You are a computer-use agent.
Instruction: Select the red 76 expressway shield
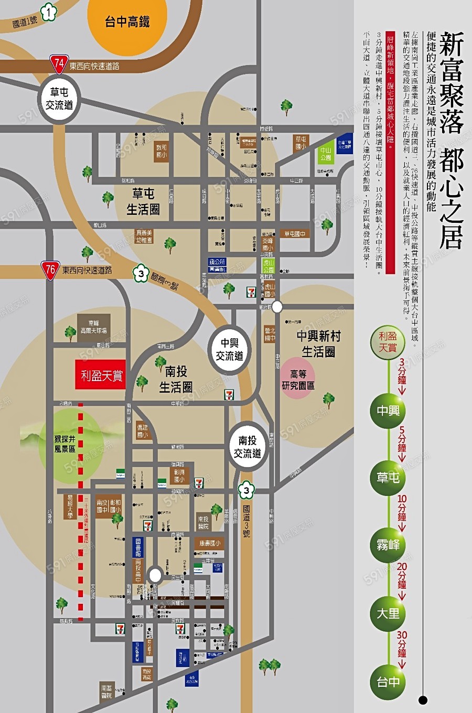click(x=50, y=270)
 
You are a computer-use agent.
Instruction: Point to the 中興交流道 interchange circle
click(x=229, y=349)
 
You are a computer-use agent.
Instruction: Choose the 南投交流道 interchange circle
click(x=247, y=446)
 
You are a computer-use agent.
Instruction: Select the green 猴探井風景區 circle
click(x=65, y=444)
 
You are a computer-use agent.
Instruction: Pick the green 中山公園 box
click(x=326, y=153)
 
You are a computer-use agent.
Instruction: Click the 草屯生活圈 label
click(x=143, y=202)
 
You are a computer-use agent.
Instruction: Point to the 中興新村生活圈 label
click(x=318, y=343)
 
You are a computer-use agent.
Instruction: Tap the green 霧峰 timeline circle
click(x=388, y=545)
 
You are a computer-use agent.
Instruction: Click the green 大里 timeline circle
click(x=388, y=613)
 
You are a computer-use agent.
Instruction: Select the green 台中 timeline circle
click(x=388, y=682)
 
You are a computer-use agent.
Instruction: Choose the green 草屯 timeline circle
click(x=388, y=478)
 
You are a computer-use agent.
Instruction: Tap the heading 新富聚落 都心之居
click(x=451, y=139)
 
